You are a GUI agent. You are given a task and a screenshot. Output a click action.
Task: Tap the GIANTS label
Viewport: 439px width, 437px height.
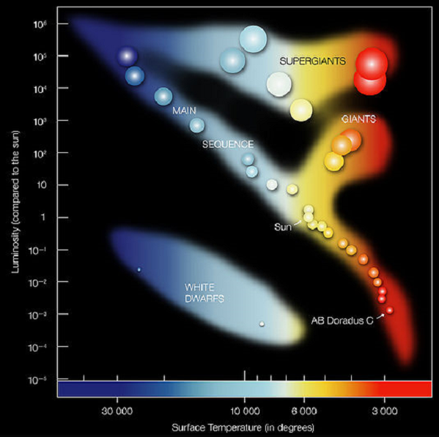pos(358,118)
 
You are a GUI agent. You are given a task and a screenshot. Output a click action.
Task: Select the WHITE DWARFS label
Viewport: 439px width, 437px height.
pos(204,292)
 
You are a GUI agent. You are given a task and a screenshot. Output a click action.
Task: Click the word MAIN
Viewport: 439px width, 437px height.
pos(184,111)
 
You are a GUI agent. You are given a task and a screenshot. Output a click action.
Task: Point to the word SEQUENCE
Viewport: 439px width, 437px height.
pos(228,144)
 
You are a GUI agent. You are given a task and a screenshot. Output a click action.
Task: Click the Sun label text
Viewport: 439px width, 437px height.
pos(282,227)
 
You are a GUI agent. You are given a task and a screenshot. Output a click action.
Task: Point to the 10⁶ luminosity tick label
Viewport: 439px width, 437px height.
pos(41,24)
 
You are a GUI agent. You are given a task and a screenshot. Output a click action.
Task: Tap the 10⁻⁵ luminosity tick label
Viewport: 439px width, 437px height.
pos(41,379)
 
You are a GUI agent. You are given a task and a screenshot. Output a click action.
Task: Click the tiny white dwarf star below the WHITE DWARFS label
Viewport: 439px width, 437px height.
pos(262,324)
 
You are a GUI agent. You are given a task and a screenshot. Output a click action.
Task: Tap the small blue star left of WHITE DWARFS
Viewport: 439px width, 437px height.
pos(139,269)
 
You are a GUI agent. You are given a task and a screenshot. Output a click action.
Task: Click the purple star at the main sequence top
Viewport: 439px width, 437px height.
pos(128,56)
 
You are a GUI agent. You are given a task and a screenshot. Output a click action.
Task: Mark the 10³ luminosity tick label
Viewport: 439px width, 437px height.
pos(41,121)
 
